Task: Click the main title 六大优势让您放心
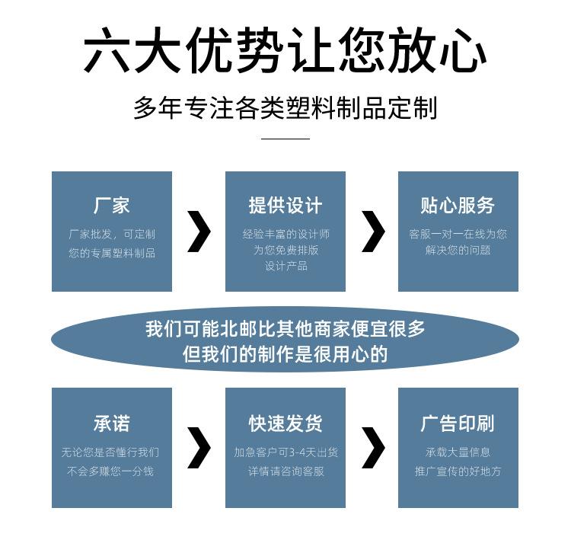285,52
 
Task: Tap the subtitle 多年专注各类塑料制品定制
285,108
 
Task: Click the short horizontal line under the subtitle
285,139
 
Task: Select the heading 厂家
112,206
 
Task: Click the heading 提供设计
285,206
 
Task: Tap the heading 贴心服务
458,206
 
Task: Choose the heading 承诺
112,423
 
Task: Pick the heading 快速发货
285,423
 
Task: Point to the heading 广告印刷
458,423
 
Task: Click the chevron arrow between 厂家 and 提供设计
199,232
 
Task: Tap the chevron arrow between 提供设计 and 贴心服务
372,232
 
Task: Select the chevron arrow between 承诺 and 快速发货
199,448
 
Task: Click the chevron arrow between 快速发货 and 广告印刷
372,448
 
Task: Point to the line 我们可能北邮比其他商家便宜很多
285,329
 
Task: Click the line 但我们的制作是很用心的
285,354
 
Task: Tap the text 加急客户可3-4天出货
285,452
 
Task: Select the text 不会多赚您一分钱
112,471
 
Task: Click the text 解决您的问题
458,250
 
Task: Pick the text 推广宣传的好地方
458,471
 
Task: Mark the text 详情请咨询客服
285,471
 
